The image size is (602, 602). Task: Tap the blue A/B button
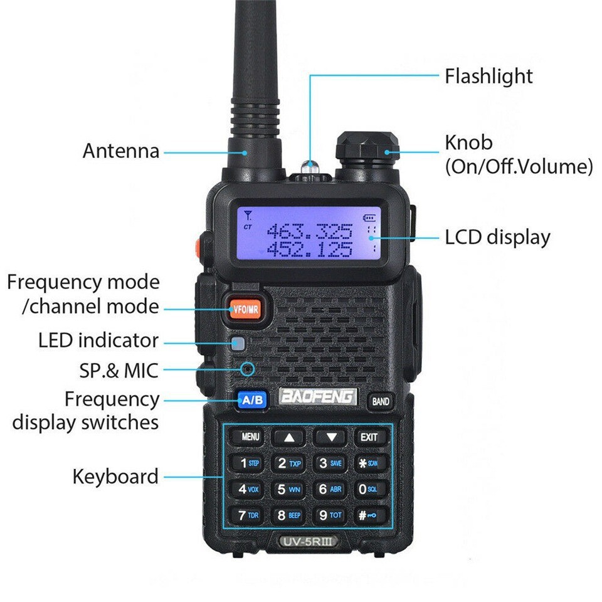pyautogui.click(x=252, y=399)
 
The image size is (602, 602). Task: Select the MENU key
pyautogui.click(x=249, y=437)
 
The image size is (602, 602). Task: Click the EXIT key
pyautogui.click(x=368, y=437)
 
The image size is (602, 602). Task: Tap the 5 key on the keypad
pyautogui.click(x=288, y=490)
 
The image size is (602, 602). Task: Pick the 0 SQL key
pyautogui.click(x=368, y=490)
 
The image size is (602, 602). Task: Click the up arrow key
pyautogui.click(x=288, y=438)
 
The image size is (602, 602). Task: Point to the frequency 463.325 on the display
pyautogui.click(x=310, y=232)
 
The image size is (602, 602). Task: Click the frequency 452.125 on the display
pyautogui.click(x=310, y=250)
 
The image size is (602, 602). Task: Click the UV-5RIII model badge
pyautogui.click(x=307, y=539)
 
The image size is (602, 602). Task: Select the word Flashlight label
pyautogui.click(x=488, y=76)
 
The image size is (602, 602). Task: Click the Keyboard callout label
pyautogui.click(x=115, y=476)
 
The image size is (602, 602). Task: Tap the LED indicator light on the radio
pyautogui.click(x=238, y=343)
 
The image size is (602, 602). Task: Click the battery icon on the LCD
pyautogui.click(x=371, y=218)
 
